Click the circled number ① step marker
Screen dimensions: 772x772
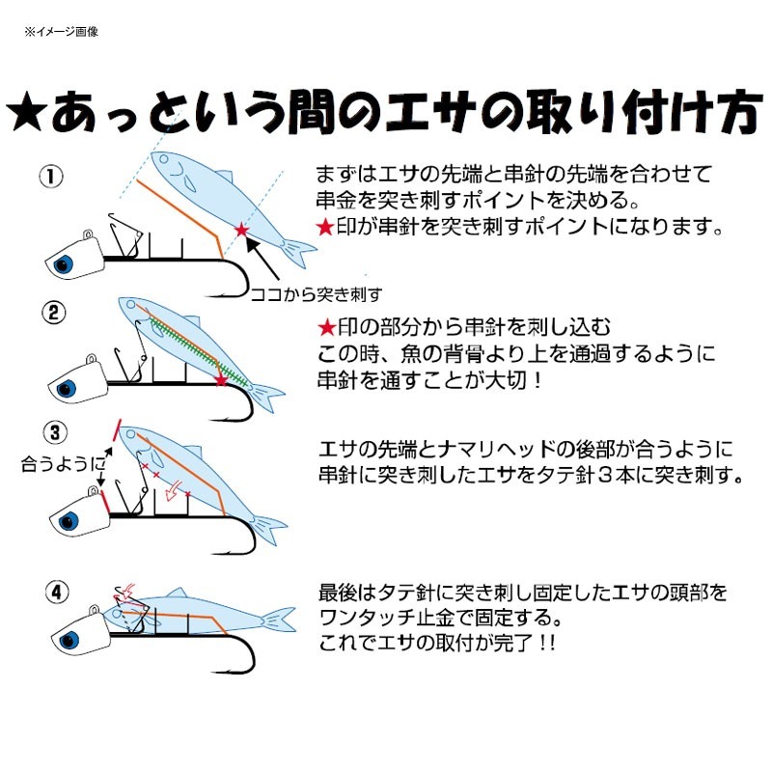click(x=51, y=177)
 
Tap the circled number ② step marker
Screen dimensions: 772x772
click(x=54, y=312)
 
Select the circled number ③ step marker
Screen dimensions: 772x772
click(x=55, y=432)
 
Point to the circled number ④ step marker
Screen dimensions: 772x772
click(x=57, y=592)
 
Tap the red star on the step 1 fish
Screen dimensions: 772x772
click(x=241, y=230)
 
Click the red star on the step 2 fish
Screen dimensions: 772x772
click(x=222, y=379)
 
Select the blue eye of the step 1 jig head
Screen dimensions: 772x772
click(x=64, y=264)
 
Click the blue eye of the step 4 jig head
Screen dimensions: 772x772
click(x=69, y=641)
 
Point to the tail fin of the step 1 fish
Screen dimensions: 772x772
click(x=299, y=251)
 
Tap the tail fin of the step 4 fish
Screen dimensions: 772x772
click(x=280, y=620)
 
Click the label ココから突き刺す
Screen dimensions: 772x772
click(x=317, y=294)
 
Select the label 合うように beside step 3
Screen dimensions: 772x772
click(x=63, y=463)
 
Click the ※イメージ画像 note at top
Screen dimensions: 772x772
click(x=61, y=32)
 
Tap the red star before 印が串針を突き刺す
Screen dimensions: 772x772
click(x=325, y=227)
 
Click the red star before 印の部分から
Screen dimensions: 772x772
click(x=326, y=328)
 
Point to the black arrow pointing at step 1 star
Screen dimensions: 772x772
click(x=262, y=259)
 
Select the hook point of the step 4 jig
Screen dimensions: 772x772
click(x=213, y=670)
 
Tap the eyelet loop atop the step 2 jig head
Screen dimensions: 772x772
click(x=91, y=359)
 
